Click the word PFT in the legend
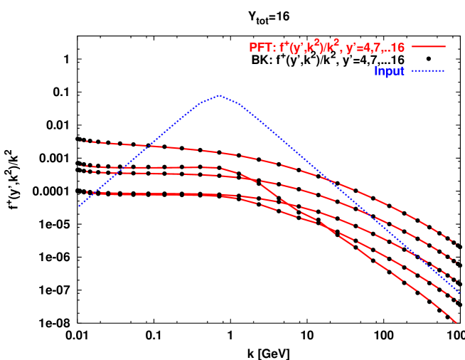[x=260, y=48]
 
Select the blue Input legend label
[x=390, y=71]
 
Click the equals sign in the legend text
[x=362, y=48]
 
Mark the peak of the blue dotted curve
[x=220, y=95]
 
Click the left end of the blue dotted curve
[x=79, y=206]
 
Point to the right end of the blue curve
[x=460, y=292]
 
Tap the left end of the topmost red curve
[x=81, y=141]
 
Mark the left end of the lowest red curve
[x=87, y=194]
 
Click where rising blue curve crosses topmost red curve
[x=147, y=146]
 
